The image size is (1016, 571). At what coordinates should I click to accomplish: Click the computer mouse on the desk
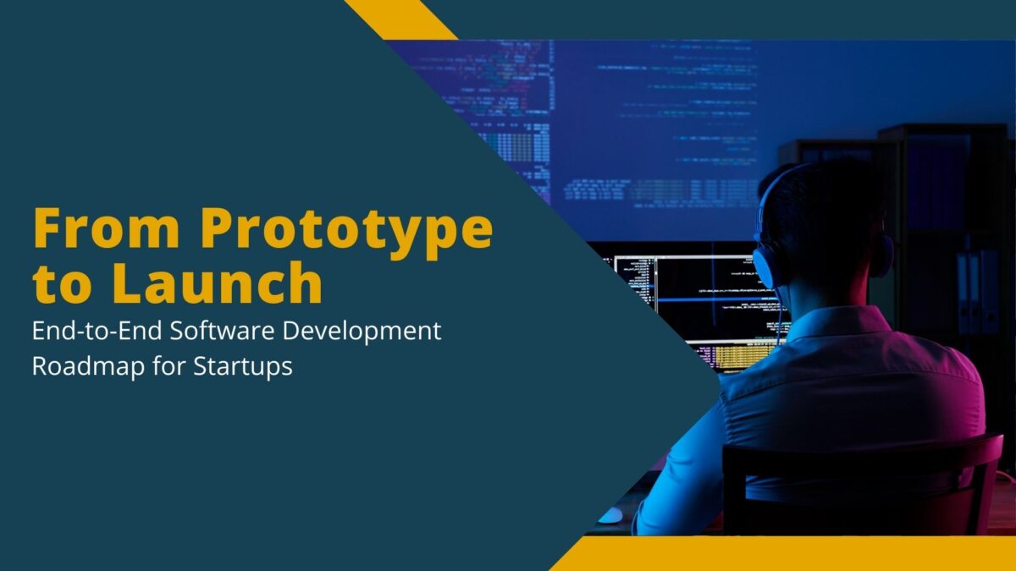pyautogui.click(x=610, y=514)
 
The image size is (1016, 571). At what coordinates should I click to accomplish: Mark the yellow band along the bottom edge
pyautogui.click(x=787, y=554)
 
